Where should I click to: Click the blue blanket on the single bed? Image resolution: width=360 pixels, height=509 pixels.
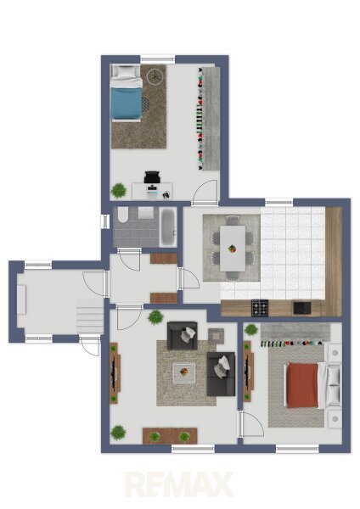tap(127, 103)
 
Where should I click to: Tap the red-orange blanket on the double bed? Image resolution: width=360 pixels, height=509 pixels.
tap(302, 385)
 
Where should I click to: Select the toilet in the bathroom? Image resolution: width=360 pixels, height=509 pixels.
tap(123, 215)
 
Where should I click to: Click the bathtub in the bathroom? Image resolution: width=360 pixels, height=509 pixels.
tap(168, 227)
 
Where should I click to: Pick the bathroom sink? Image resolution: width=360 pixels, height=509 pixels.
tap(145, 213)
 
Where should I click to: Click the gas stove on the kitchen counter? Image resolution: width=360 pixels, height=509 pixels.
tap(260, 308)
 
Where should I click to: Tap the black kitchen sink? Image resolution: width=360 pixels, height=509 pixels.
tap(302, 308)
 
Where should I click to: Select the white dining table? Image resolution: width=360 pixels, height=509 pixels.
tap(233, 249)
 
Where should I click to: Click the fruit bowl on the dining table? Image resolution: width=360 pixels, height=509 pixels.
tap(232, 249)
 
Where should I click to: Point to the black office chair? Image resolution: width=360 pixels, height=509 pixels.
tap(152, 177)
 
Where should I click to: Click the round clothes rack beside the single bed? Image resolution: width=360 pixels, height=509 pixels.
tap(155, 76)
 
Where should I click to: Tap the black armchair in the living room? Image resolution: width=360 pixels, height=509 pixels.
tap(183, 336)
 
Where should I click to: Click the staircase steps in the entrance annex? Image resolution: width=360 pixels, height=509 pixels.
tap(90, 316)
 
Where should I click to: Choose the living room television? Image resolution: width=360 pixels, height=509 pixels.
tap(115, 373)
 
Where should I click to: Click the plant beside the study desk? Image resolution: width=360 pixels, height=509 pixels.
tap(119, 191)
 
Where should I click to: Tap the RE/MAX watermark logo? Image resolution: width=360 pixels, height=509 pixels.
tap(180, 484)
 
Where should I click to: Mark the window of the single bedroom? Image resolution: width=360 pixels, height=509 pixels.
tap(158, 59)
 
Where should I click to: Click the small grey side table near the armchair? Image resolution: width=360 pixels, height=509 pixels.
tap(216, 336)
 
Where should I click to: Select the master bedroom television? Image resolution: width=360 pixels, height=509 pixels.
tap(248, 371)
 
